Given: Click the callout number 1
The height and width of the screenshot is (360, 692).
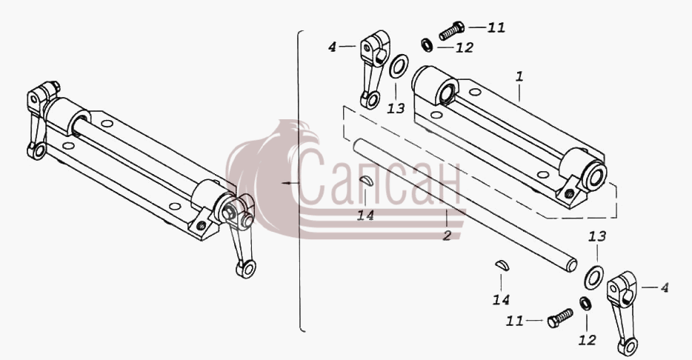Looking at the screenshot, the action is click(x=519, y=77).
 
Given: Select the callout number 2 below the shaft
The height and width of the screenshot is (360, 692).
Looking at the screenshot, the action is click(x=447, y=235).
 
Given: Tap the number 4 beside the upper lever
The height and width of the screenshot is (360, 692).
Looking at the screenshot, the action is click(x=333, y=47).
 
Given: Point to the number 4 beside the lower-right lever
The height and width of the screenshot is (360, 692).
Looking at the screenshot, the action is click(x=664, y=288).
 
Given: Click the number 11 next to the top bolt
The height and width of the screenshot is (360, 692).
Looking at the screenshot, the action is click(x=496, y=27).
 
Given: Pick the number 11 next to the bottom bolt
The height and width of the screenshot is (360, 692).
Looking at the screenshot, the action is click(x=515, y=321).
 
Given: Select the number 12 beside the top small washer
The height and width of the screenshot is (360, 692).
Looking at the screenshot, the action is click(x=465, y=47).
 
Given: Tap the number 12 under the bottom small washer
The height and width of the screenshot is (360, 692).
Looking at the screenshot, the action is click(x=587, y=340).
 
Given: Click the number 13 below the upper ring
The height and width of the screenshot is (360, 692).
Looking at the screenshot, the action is click(x=396, y=108).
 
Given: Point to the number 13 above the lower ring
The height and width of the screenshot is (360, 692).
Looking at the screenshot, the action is click(x=596, y=236).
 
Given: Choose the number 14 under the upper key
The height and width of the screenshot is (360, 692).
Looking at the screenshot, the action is click(x=365, y=216).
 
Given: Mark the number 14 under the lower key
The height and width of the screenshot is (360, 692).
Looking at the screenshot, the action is click(x=501, y=300).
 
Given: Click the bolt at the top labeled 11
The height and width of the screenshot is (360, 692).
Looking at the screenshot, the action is click(x=451, y=30).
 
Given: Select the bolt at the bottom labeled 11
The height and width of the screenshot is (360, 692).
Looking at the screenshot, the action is click(x=560, y=318).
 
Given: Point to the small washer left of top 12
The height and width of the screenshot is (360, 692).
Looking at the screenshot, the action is click(x=427, y=44).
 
